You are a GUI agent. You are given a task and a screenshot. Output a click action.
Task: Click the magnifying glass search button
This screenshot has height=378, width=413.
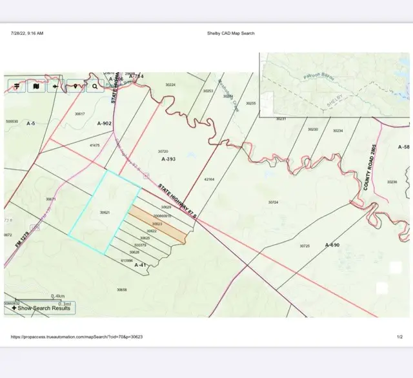[x=95, y=86]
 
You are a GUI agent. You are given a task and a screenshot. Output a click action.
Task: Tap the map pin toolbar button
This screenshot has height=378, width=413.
[x=76, y=86]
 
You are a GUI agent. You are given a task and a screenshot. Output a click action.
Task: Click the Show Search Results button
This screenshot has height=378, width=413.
[x=41, y=308]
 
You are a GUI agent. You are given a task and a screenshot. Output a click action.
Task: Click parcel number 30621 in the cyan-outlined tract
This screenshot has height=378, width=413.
[x=105, y=212]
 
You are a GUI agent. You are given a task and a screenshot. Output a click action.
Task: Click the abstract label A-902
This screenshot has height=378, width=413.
[x=105, y=123]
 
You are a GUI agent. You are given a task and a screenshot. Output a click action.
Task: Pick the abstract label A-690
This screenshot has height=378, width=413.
[x=332, y=245]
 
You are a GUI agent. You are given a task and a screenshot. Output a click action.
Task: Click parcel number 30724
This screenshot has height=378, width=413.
[x=274, y=202]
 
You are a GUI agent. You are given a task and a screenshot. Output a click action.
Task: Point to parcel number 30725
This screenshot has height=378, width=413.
[x=305, y=246]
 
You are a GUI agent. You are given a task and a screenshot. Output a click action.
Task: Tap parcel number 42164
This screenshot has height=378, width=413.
[x=209, y=179]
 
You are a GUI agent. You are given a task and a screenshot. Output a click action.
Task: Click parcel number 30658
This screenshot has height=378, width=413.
[x=121, y=290]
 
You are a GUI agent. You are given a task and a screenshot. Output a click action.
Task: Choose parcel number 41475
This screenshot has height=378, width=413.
[x=95, y=145]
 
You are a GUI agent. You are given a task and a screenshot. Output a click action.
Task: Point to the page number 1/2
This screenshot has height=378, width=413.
[x=399, y=336]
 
